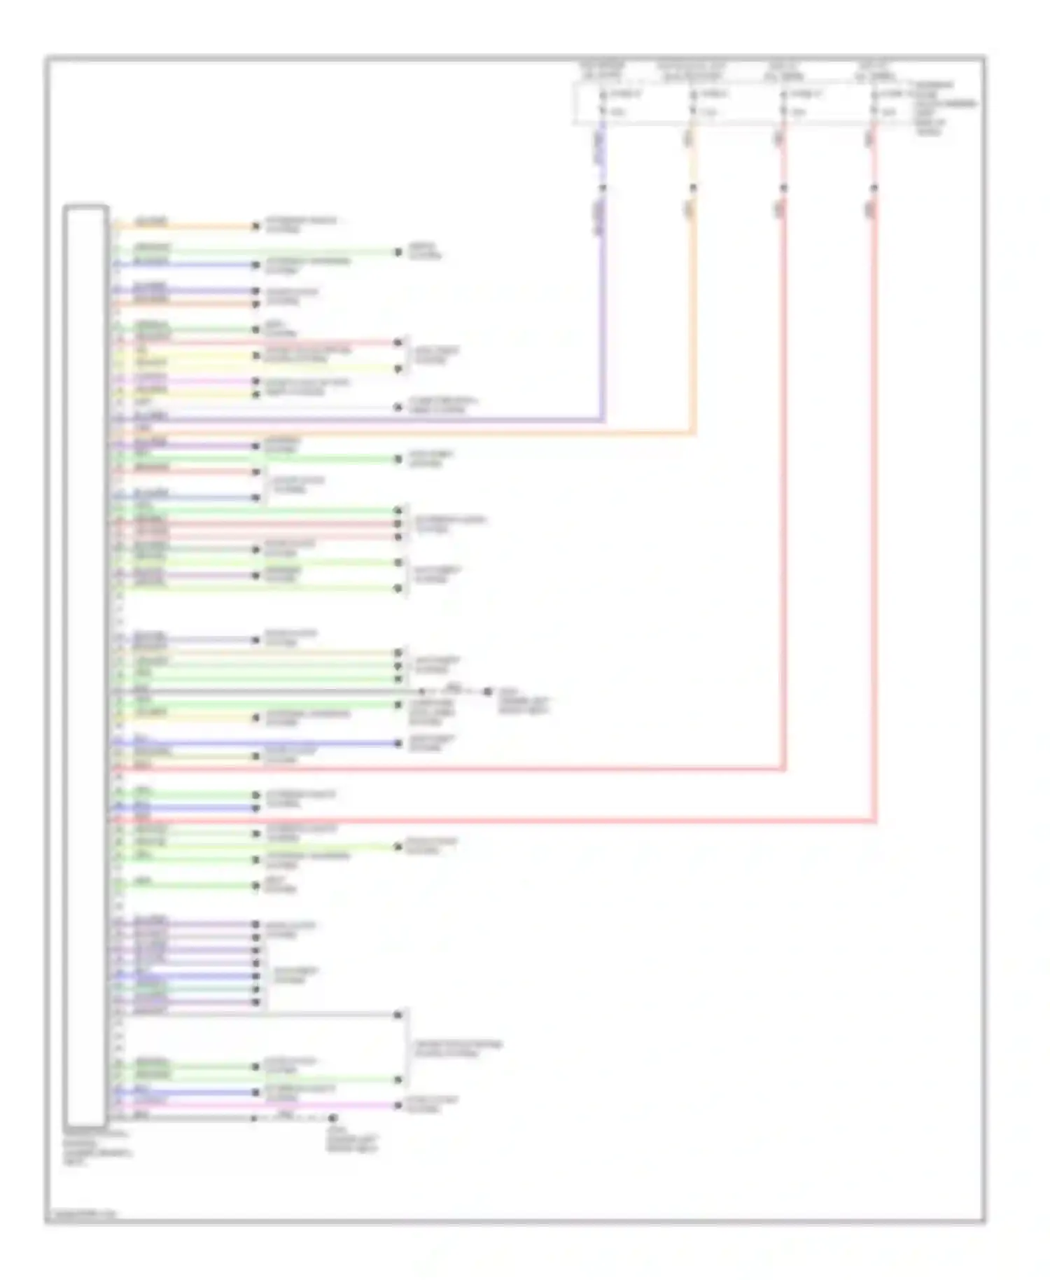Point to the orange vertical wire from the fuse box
coord(693,315)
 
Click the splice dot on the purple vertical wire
coord(603,188)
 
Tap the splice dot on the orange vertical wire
coord(693,188)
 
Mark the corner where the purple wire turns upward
coord(603,419)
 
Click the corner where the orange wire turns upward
coord(693,433)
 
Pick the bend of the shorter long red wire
coord(784,769)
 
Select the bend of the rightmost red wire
coord(874,820)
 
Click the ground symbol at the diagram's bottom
coord(332,1118)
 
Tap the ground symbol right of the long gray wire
coord(487,692)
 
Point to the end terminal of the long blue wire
coord(398,743)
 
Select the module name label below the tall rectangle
coord(95,1147)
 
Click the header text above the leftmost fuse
coord(603,70)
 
